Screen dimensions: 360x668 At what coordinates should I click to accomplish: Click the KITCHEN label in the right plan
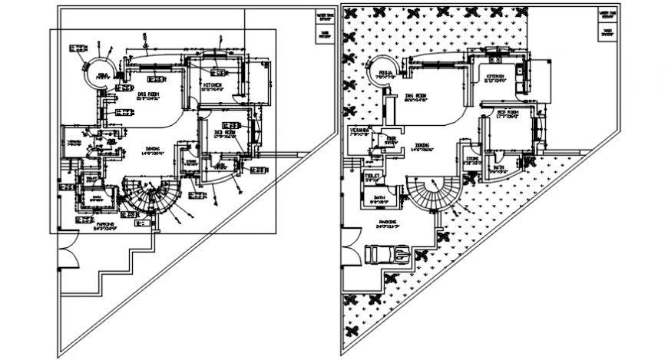click(494, 77)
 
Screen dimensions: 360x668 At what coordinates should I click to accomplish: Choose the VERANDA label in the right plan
click(359, 130)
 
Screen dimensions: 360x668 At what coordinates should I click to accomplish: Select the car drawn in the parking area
click(389, 253)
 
